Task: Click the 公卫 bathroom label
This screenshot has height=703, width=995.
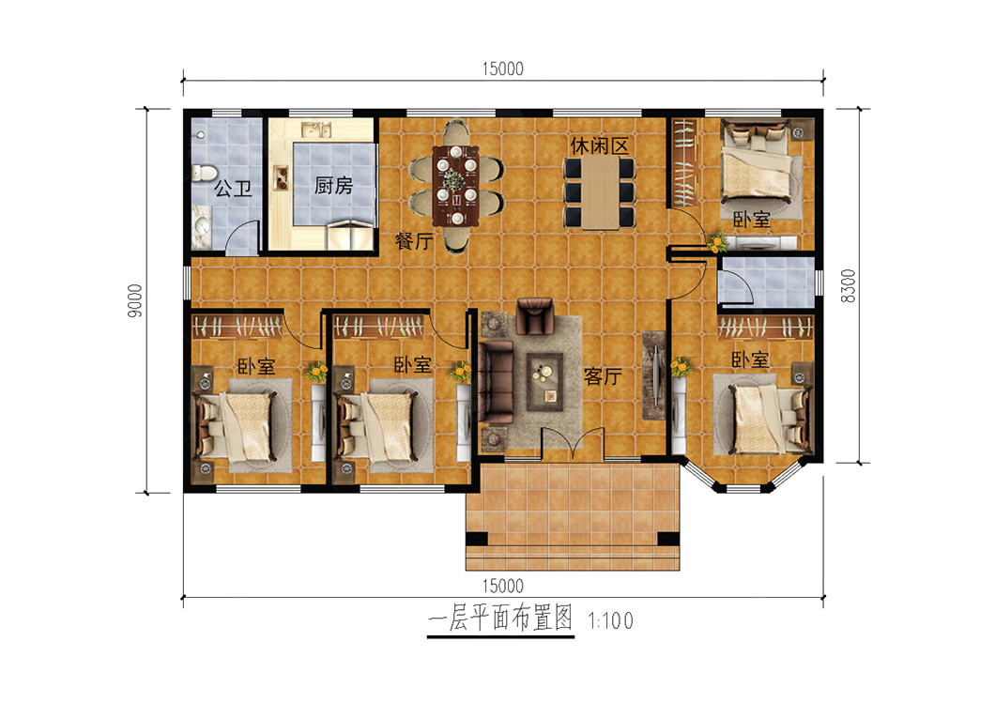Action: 233,189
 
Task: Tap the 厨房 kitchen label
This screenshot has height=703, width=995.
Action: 334,185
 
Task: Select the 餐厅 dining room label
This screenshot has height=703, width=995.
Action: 414,240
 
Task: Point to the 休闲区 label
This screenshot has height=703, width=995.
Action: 599,145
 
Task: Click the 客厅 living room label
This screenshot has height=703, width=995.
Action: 603,376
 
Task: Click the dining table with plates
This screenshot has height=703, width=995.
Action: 455,186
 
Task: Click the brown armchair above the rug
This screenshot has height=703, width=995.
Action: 535,315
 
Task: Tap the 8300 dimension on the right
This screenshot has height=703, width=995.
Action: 848,286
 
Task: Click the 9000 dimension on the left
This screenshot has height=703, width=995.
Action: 134,300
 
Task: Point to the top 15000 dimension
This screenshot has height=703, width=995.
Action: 502,69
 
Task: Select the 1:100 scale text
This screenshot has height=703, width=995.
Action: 610,620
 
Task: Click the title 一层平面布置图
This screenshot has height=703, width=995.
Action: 500,618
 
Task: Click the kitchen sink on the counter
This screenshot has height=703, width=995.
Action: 316,130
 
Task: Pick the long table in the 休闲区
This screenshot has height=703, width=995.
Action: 600,192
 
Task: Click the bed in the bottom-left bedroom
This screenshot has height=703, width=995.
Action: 236,426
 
